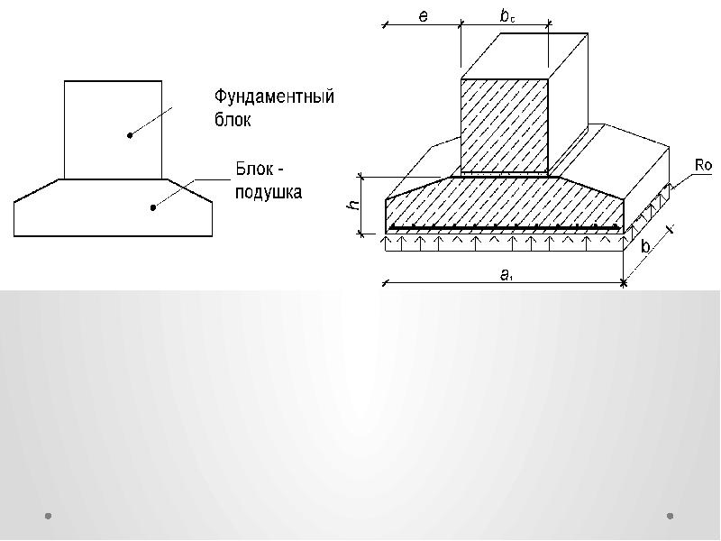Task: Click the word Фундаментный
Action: (274, 96)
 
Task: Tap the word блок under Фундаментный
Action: (233, 120)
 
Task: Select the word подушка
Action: (269, 192)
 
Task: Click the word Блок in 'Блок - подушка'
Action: (253, 169)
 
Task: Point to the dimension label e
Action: (423, 16)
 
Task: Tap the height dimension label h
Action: (355, 205)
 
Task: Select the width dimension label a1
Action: (507, 277)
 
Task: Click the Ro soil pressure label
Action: (703, 165)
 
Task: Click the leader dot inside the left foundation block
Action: (130, 135)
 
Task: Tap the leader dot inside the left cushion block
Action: (153, 207)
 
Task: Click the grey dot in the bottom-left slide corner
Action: (49, 516)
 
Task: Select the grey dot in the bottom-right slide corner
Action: (671, 516)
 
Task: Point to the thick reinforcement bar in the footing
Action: (505, 227)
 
